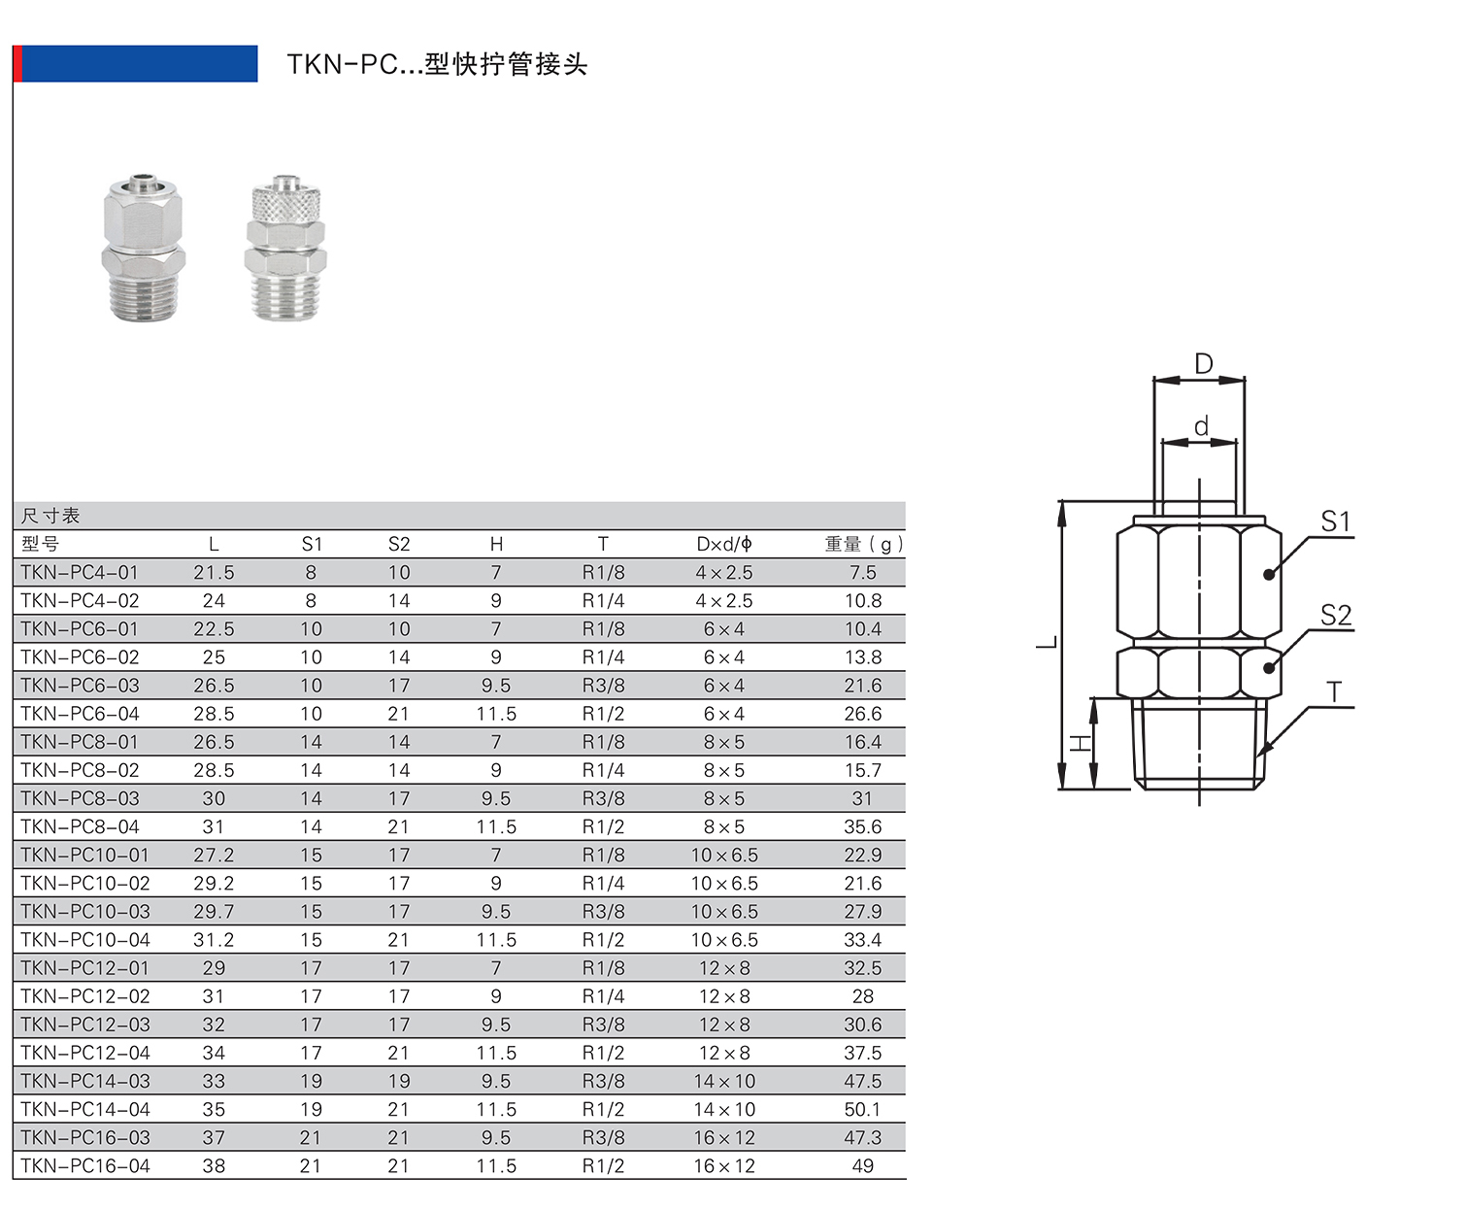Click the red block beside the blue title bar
pyautogui.click(x=17, y=63)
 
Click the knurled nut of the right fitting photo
pyautogui.click(x=285, y=203)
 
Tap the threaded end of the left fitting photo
pyautogui.click(x=144, y=296)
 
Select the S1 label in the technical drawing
pyautogui.click(x=1335, y=521)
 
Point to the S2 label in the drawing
pyautogui.click(x=1335, y=615)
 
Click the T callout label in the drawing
pyautogui.click(x=1334, y=692)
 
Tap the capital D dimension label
pyautogui.click(x=1204, y=364)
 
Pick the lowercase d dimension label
pyautogui.click(x=1201, y=426)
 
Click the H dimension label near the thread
pyautogui.click(x=1081, y=743)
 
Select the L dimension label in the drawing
pyautogui.click(x=1047, y=642)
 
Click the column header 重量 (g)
pyautogui.click(x=864, y=544)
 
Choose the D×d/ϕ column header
pyautogui.click(x=724, y=544)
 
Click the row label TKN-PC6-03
pyautogui.click(x=80, y=686)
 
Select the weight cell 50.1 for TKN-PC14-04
pyautogui.click(x=862, y=1110)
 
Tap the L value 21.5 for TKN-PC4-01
pyautogui.click(x=214, y=572)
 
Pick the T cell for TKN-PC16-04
pyautogui.click(x=603, y=1165)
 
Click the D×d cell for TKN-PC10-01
pyautogui.click(x=724, y=856)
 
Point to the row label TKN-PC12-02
pyautogui.click(x=85, y=996)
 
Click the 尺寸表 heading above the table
pyautogui.click(x=50, y=516)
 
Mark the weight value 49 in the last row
pyautogui.click(x=862, y=1165)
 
